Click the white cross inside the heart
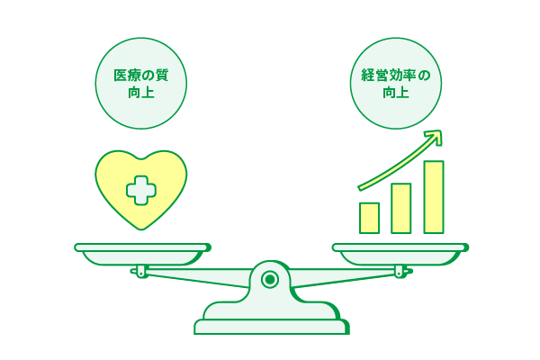coord(141,191)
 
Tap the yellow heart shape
coord(141,190)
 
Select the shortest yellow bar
coord(369,218)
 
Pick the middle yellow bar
coord(401,209)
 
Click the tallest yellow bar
coord(434,197)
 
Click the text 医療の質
coord(141,76)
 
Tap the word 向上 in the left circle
coord(141,93)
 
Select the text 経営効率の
coord(396,76)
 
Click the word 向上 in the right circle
coord(396,93)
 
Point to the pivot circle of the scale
coord(270,279)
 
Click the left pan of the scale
coord(142,254)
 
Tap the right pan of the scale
coord(400,254)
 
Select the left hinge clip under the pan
coord(141,271)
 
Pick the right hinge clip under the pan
coord(400,271)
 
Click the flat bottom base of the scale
coord(272,327)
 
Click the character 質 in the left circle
coord(162,76)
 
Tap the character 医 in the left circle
coord(121,76)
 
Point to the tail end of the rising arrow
coord(360,188)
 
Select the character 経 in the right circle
coord(367,76)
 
